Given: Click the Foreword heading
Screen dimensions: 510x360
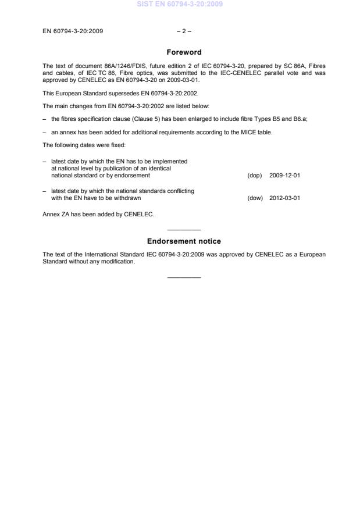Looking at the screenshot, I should (x=184, y=52).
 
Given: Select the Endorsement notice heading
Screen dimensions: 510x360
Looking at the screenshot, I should (x=184, y=241).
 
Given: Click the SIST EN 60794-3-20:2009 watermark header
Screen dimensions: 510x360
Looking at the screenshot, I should (x=180, y=5).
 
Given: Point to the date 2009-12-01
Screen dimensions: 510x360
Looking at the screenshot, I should (x=285, y=175).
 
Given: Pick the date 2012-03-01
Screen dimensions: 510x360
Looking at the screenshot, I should (x=285, y=198).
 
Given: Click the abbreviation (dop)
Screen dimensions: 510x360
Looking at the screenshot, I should (x=255, y=175).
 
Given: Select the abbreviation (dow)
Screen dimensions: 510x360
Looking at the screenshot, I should (x=255, y=198).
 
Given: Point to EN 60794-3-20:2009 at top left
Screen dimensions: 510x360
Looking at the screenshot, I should (x=73, y=31).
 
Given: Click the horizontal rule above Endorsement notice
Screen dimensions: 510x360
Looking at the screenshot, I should (x=184, y=230).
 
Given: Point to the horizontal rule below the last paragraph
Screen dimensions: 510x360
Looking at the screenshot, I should (x=184, y=276).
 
